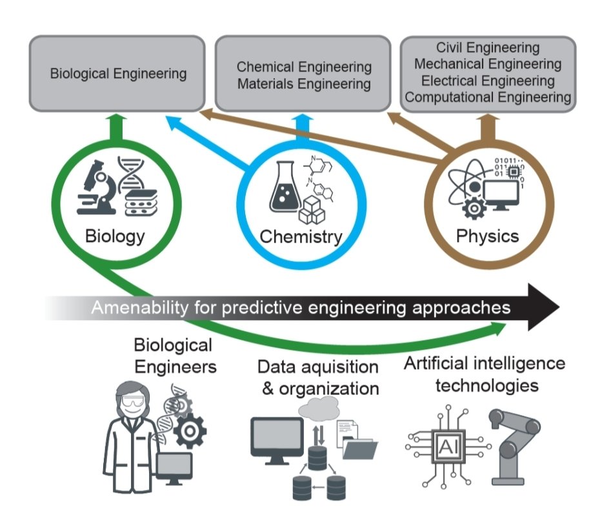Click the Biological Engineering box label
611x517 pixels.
click(118, 74)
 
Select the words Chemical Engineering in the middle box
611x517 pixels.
click(304, 67)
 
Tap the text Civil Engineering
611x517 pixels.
click(487, 48)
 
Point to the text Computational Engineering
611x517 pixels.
click(488, 97)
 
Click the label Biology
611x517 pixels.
click(115, 236)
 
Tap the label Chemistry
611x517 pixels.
click(301, 237)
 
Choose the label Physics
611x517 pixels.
click(487, 236)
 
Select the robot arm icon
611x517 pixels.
click(514, 445)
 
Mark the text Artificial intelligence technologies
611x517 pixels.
click(484, 374)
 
